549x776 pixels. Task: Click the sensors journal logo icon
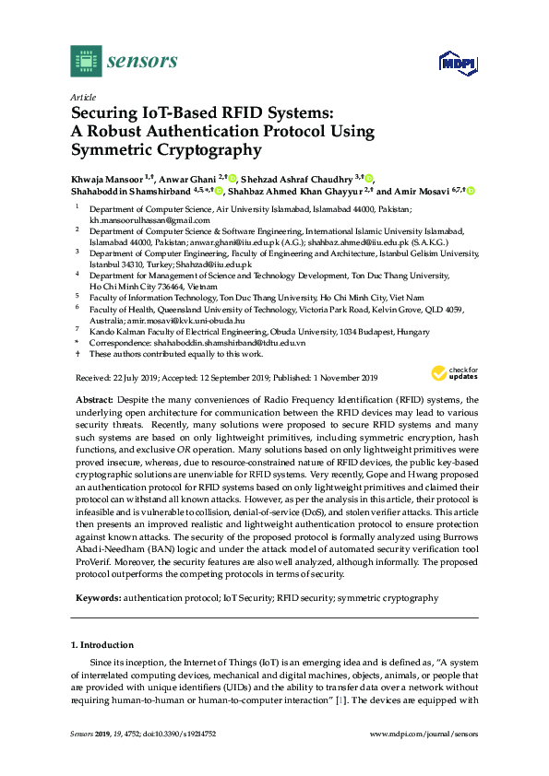click(x=86, y=62)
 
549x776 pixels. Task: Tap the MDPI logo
click(x=457, y=64)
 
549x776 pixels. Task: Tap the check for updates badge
click(x=452, y=373)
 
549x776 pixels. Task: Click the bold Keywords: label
click(x=99, y=598)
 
